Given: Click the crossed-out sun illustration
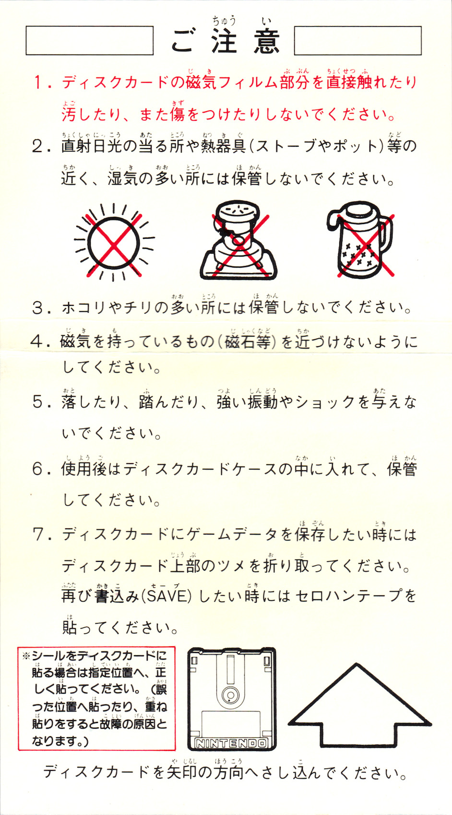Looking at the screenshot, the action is (x=114, y=242).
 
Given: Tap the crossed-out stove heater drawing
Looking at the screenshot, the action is (x=238, y=240).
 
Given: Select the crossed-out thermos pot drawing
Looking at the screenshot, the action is (x=360, y=240).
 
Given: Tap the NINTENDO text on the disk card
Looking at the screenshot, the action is (x=232, y=743).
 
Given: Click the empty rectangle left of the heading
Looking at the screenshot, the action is (x=90, y=40).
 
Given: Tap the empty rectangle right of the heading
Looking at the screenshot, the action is (x=357, y=40).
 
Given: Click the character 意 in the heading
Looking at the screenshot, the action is (x=267, y=41).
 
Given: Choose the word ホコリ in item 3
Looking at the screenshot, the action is (x=84, y=308).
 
